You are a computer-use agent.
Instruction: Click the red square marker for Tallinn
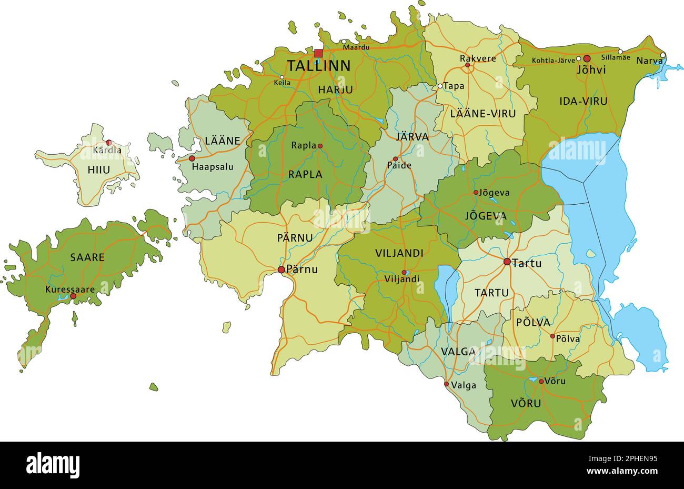click(318, 53)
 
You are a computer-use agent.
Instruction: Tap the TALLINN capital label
click(318, 66)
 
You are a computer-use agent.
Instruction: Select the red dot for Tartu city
click(507, 262)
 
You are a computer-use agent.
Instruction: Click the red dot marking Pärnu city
click(281, 270)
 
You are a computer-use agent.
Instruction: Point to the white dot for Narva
click(663, 55)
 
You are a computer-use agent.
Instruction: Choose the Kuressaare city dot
click(73, 296)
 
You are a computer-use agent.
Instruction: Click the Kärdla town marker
click(109, 143)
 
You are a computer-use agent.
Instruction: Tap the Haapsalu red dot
click(192, 158)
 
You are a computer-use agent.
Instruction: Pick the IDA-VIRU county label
click(583, 101)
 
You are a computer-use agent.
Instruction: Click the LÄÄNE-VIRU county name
click(483, 113)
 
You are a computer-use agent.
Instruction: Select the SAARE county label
click(87, 257)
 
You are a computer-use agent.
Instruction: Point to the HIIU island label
click(98, 170)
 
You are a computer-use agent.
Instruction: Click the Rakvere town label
click(478, 58)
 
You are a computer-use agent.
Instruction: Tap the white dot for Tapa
click(440, 86)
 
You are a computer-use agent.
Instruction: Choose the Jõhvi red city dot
click(587, 59)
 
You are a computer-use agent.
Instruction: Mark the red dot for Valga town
click(447, 384)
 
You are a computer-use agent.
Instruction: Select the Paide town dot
click(396, 158)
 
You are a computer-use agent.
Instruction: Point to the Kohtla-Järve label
click(553, 61)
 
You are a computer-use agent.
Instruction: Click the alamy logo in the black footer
click(53, 465)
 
